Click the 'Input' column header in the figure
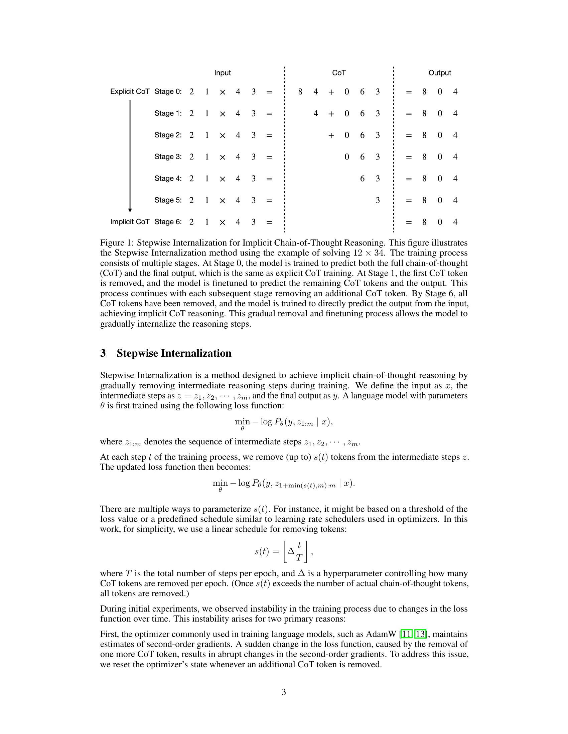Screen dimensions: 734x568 coord(223,73)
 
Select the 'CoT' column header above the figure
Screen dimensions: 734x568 coord(339,73)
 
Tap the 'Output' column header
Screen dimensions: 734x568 coord(439,73)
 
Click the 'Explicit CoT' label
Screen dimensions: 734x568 coord(130,91)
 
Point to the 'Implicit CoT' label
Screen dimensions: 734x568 coord(130,222)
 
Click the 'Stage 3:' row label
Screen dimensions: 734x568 coord(168,156)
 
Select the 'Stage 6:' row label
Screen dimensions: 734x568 coord(168,222)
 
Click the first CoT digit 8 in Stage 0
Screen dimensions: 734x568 coord(300,92)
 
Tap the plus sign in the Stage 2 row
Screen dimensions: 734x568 coord(331,135)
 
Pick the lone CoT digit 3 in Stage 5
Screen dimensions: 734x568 coord(378,200)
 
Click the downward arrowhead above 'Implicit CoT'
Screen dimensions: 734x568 coord(130,210)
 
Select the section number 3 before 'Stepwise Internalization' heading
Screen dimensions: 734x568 coord(103,353)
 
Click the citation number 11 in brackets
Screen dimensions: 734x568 coord(407,634)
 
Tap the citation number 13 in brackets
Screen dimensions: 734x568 coord(420,634)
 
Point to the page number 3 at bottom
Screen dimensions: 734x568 coord(284,692)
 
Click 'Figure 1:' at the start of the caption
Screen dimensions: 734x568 coord(117,243)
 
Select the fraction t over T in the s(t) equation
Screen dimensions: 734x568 coord(299,552)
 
